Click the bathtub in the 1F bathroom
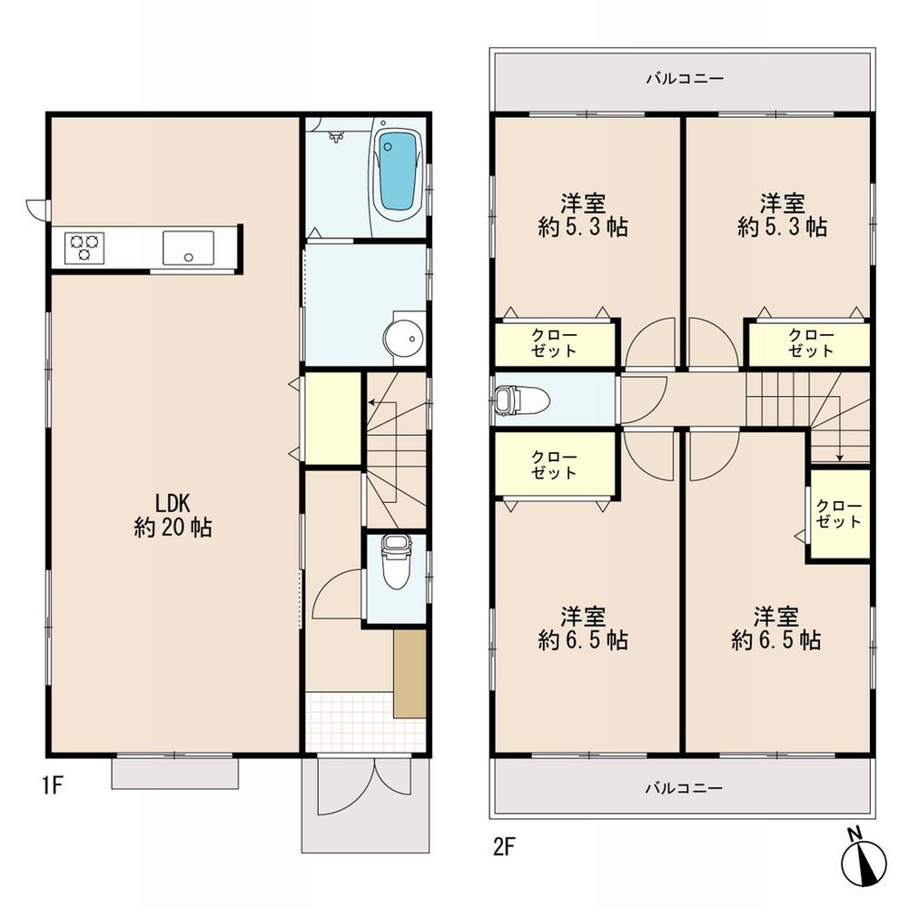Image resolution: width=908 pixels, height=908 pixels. [x=398, y=172]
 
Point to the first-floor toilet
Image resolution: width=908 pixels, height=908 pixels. [x=395, y=563]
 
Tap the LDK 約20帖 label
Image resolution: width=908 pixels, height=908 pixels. [x=173, y=514]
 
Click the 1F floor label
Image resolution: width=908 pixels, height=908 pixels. [x=51, y=785]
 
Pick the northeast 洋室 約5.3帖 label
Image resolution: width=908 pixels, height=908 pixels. [x=782, y=214]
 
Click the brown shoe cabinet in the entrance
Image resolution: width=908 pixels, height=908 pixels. [x=410, y=673]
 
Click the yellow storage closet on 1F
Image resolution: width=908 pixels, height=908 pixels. [x=332, y=419]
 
